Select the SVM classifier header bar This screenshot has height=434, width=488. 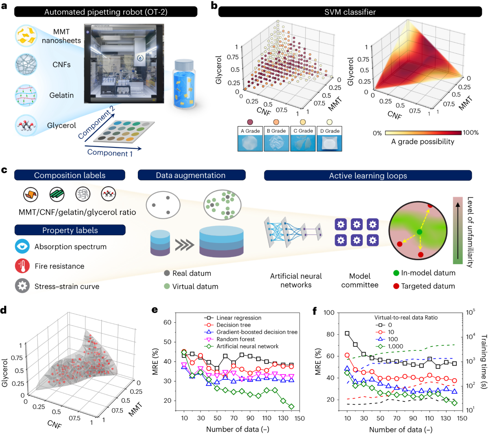pos(350,12)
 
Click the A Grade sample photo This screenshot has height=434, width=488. pos(250,143)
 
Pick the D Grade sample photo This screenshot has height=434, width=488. pos(329,143)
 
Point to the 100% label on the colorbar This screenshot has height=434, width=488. pos(471,133)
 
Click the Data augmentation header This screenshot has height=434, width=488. pos(191,175)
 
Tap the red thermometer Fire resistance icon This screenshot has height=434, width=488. pos(22,266)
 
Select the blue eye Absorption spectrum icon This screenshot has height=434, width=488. pos(22,247)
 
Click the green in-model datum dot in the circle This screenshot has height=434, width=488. pos(419,232)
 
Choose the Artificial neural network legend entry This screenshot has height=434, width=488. pos(247,346)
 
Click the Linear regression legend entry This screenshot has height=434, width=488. pos(239,318)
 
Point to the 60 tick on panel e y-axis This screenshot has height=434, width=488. pos(167,322)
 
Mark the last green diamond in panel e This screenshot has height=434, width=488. pos(291,407)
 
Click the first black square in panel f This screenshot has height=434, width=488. pos(347,333)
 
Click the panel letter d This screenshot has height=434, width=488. pos(4,310)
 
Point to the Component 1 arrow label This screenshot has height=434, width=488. pos(110,153)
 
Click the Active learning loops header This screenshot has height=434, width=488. pos(368,175)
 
